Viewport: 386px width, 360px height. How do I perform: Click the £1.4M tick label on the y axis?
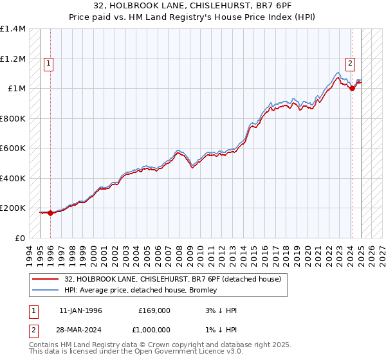[x=13, y=29]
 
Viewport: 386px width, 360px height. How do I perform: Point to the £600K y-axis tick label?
[x=13, y=148]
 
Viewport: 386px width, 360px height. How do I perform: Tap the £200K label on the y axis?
[x=13, y=208]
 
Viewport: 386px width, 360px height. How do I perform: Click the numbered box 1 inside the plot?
[x=50, y=63]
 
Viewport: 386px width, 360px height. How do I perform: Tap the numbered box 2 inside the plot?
[x=350, y=63]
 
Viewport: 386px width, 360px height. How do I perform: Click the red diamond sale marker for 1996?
[x=51, y=213]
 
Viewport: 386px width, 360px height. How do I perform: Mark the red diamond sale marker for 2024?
[x=352, y=89]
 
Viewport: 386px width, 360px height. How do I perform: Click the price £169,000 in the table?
[x=154, y=310]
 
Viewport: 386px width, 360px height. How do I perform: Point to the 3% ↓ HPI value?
[x=220, y=310]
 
